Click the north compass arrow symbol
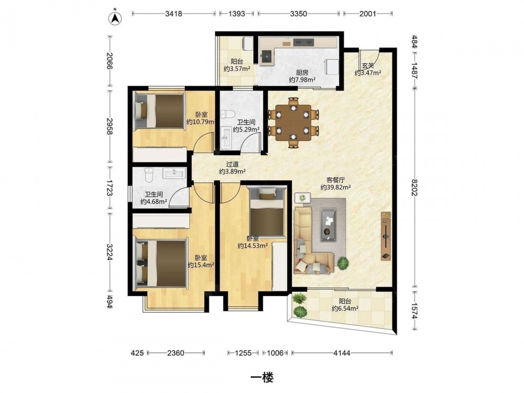116,18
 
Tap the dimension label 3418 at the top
174,14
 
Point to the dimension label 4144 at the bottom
342,353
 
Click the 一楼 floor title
262,378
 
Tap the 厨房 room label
302,72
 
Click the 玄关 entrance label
368,66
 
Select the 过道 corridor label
232,165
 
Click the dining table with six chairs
293,122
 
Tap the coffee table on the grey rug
329,224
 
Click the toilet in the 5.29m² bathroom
228,114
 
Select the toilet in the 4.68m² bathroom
149,175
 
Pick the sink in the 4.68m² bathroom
174,173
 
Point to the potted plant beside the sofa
343,264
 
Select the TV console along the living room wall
386,236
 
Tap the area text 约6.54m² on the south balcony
345,309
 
